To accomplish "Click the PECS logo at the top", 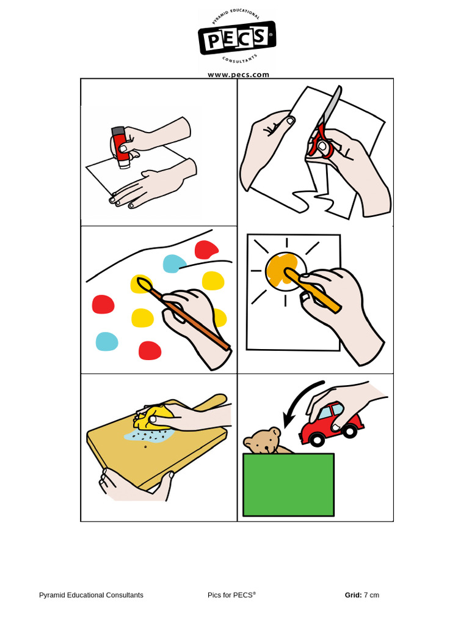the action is click(237, 37).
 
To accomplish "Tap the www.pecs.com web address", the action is click(239, 75).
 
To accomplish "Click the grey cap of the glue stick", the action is click(118, 131).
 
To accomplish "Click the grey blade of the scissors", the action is click(332, 105).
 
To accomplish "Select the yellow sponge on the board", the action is click(153, 418).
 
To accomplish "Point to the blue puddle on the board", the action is click(148, 435).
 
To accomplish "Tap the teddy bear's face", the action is click(263, 441).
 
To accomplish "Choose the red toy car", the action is click(332, 426).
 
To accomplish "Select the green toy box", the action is click(288, 485).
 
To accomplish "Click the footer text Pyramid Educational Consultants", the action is click(91, 595).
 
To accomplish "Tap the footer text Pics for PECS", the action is click(231, 595).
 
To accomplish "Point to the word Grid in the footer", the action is click(353, 595).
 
